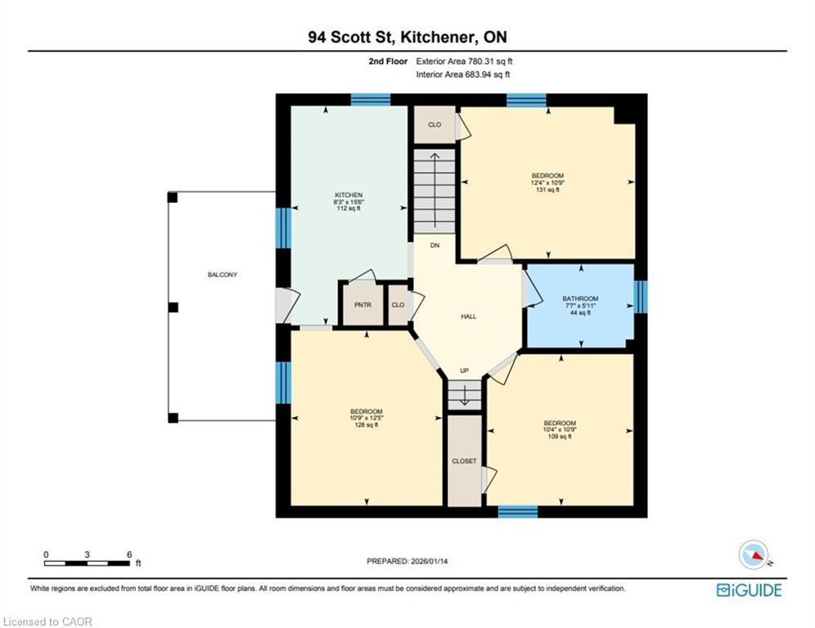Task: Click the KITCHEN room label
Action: pos(348,195)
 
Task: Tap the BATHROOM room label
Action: pos(579,298)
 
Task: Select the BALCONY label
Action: pos(222,275)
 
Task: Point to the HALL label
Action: pos(468,316)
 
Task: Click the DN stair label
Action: pos(435,244)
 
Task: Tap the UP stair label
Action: pos(464,371)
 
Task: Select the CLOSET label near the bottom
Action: pos(464,461)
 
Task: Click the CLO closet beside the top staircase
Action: pos(435,125)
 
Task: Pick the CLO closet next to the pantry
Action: pos(398,304)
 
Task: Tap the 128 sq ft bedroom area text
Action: pos(366,425)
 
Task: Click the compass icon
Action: pos(753,554)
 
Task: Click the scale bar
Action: pos(88,563)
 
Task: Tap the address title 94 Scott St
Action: pos(407,37)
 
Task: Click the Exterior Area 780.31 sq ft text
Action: pos(464,61)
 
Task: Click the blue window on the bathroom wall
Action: pos(641,297)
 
